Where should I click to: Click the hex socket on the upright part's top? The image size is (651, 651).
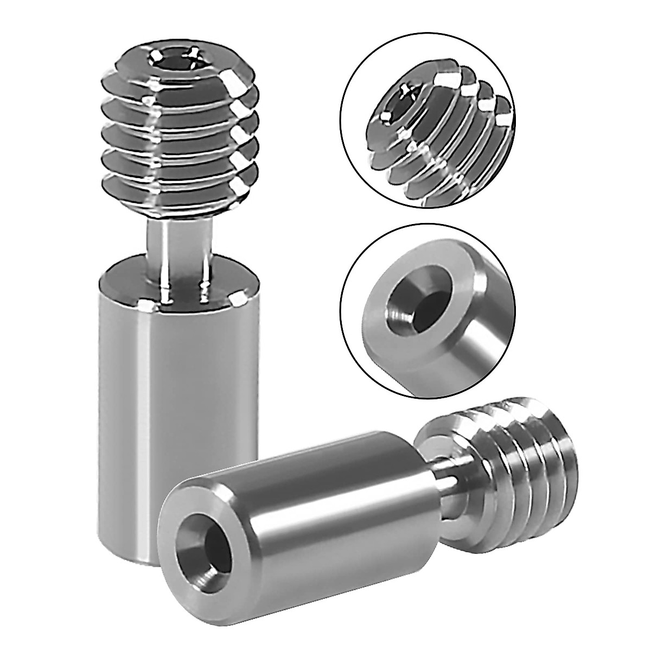[174, 59]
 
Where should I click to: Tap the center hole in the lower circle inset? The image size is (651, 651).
[407, 304]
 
